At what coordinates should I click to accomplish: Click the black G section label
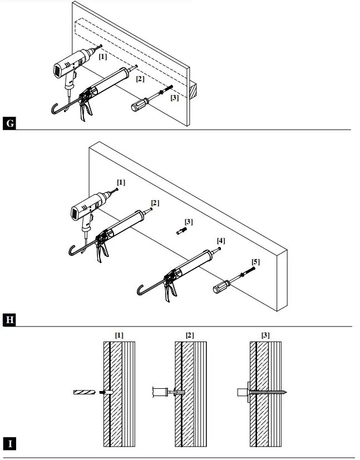tap(9, 123)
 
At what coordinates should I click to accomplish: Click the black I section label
tap(9, 443)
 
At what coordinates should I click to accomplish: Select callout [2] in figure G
tap(140, 79)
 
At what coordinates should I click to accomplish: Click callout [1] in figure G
tap(103, 56)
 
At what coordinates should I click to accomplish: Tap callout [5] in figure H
tap(255, 261)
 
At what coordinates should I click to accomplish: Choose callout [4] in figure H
tap(221, 241)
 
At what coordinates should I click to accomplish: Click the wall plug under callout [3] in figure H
tap(182, 232)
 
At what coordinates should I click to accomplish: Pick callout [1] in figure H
tap(121, 182)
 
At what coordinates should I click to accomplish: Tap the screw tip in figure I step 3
tap(288, 392)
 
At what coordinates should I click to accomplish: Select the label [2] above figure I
tap(190, 335)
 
